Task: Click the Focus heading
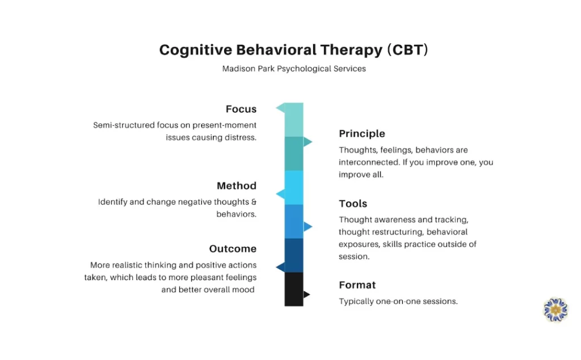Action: [x=241, y=109]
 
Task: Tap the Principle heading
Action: [x=362, y=134]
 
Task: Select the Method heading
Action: [x=236, y=186]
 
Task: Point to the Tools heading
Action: [x=353, y=204]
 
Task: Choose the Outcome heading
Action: [x=233, y=249]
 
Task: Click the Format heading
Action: [x=357, y=285]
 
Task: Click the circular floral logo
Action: [x=555, y=310]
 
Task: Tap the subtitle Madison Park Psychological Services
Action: [x=294, y=69]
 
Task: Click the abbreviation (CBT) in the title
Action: [x=407, y=50]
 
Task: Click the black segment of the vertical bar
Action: [x=294, y=289]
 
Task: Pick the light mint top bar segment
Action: [x=294, y=120]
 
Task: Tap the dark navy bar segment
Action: [x=294, y=255]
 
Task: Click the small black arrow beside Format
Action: [x=306, y=294]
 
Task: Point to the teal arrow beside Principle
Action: [x=308, y=142]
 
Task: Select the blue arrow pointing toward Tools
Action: [x=308, y=227]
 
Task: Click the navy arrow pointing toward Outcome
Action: [x=280, y=266]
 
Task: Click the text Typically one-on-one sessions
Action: [x=398, y=302]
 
